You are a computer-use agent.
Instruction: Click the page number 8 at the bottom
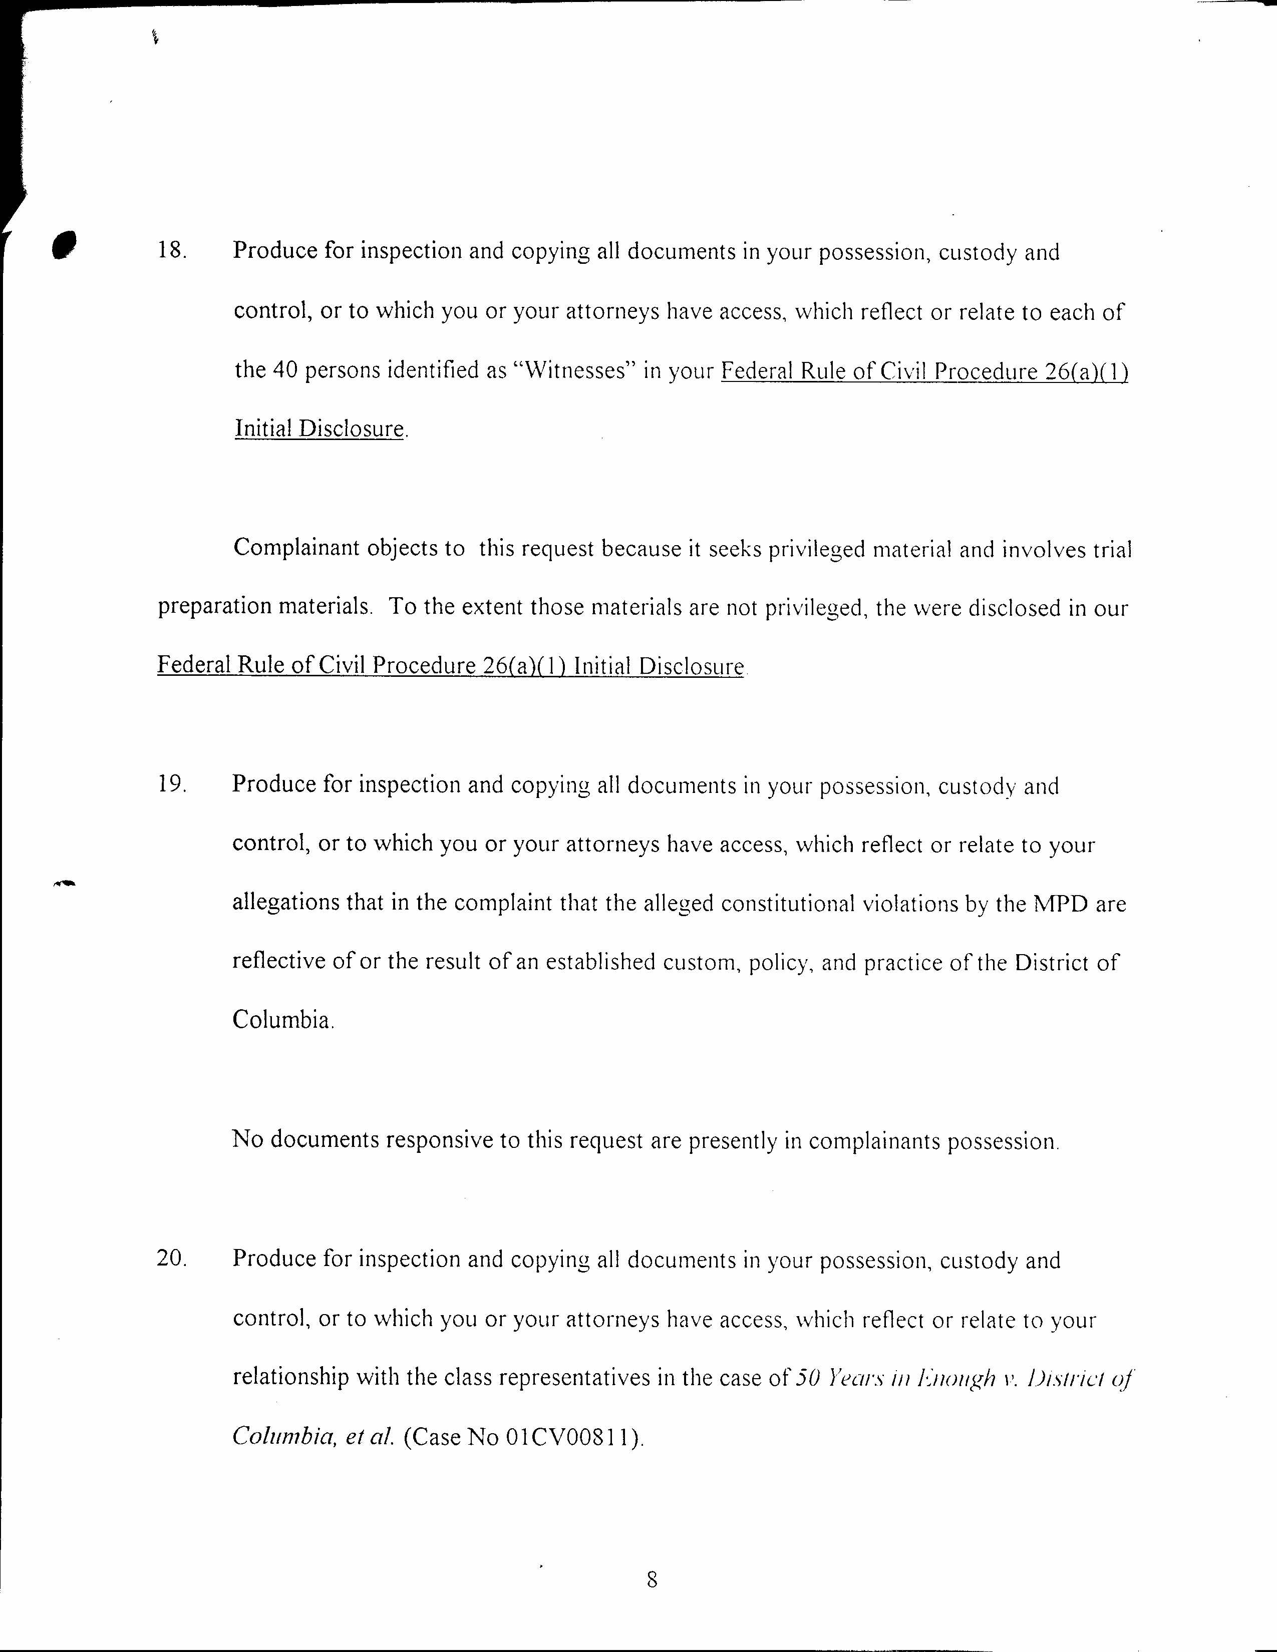pos(652,1579)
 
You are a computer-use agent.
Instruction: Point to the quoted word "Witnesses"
pos(573,370)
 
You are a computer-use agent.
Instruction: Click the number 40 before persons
pos(284,370)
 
